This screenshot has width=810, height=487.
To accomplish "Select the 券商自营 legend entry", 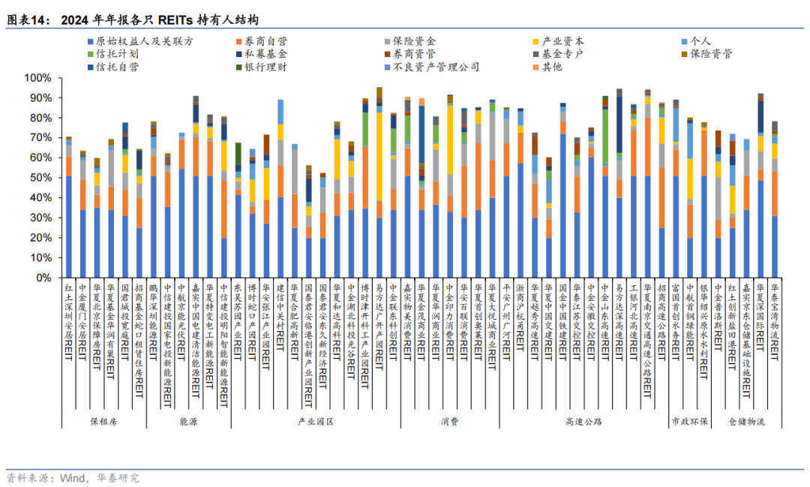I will point(266,42).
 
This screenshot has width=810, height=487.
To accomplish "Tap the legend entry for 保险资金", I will point(420,42).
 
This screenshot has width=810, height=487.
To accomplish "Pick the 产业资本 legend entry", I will point(562,42).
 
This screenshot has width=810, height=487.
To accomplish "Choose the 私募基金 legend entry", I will point(266,54).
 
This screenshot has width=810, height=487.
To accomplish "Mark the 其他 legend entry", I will point(552,67).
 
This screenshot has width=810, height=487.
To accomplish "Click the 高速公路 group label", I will point(583,422).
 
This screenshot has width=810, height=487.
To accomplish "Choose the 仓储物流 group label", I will point(745,422).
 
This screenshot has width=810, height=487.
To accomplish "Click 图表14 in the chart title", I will point(28,19).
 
